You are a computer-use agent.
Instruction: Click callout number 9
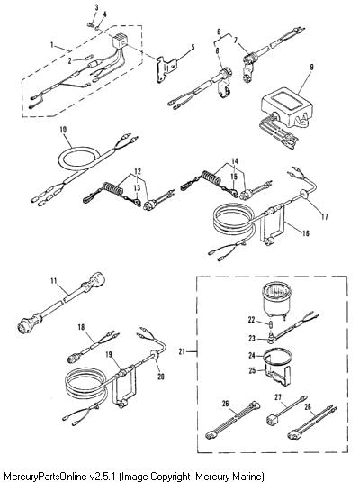[x=311, y=67]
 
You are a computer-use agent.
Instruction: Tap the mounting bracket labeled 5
[x=166, y=68]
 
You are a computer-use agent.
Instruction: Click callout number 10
[x=63, y=130]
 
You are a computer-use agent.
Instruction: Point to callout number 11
[x=54, y=281]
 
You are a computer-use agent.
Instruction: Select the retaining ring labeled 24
[x=279, y=357]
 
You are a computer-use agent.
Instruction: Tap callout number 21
[x=182, y=351]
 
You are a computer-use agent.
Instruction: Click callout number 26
[x=226, y=404]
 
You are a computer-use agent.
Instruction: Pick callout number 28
[x=308, y=406]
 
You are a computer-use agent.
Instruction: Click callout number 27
[x=278, y=397]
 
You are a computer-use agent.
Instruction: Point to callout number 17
[x=325, y=216]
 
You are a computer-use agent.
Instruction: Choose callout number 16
[x=306, y=233]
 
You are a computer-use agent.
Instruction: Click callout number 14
[x=235, y=160]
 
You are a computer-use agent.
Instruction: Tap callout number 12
[x=138, y=171]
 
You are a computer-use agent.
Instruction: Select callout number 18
[x=81, y=327]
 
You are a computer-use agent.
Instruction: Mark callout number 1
[x=52, y=45]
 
